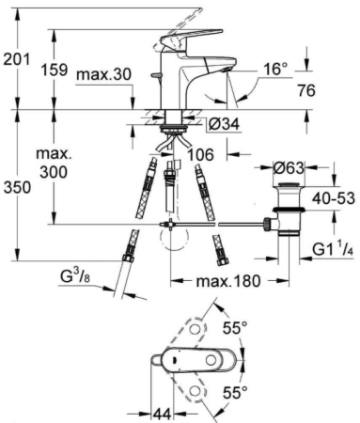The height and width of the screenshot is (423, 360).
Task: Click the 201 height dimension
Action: pos(17,59)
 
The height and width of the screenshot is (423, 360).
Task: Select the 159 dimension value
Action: pos(55,70)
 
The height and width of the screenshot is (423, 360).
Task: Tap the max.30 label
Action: pos(103,74)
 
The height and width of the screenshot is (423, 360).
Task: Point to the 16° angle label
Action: pos(275,69)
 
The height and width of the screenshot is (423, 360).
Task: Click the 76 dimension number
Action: pos(306,90)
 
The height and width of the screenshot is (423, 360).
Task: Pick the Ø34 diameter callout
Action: pos(224,124)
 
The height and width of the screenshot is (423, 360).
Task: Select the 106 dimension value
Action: pos(201,154)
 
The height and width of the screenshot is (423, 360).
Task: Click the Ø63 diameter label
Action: pos(289,168)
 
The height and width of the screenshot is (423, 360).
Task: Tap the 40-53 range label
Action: pos(334,198)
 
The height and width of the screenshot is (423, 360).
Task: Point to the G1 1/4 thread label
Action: pos(333,249)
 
